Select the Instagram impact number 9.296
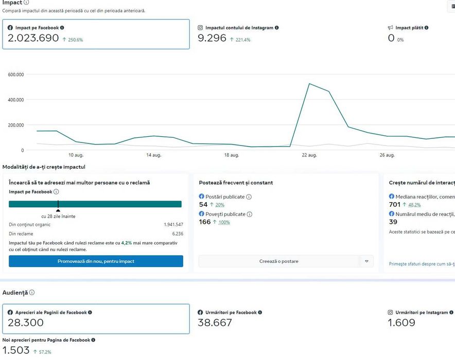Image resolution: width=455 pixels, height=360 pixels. (212, 38)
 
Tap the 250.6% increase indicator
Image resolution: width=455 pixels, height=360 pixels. (73, 40)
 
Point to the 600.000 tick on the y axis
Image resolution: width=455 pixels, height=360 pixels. (16, 75)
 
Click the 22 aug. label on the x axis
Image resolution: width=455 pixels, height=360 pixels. (309, 155)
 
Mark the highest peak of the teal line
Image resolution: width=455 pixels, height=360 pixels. (309, 84)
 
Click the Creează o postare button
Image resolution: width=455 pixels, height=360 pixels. (278, 261)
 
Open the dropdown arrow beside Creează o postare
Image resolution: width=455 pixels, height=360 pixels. (366, 261)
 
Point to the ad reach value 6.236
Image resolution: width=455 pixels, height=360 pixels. (177, 233)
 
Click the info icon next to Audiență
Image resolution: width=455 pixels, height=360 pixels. (32, 293)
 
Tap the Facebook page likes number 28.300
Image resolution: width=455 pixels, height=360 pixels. (26, 323)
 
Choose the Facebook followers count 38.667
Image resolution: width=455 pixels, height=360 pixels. (215, 323)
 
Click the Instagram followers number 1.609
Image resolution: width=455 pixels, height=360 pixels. (401, 323)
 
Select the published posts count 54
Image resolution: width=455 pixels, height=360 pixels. (203, 205)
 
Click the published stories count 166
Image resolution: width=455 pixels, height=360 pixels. (204, 222)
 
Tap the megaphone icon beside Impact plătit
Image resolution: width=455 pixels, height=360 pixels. (391, 28)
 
